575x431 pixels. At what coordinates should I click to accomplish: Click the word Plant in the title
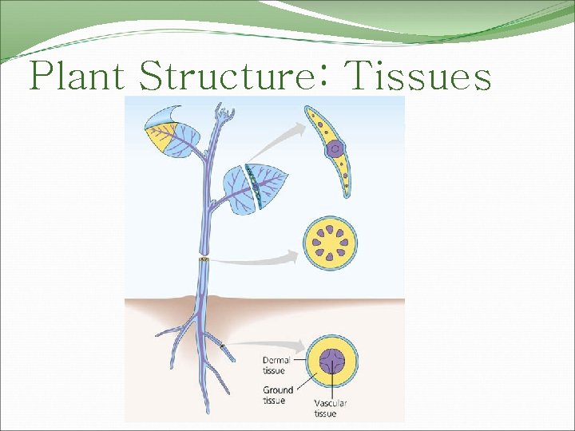(77, 77)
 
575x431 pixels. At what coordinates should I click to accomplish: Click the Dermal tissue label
(276, 365)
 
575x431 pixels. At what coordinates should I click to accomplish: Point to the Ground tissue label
(277, 395)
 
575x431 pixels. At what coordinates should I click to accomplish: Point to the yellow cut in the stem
(204, 260)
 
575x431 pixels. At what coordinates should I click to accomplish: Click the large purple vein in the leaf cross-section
(335, 148)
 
